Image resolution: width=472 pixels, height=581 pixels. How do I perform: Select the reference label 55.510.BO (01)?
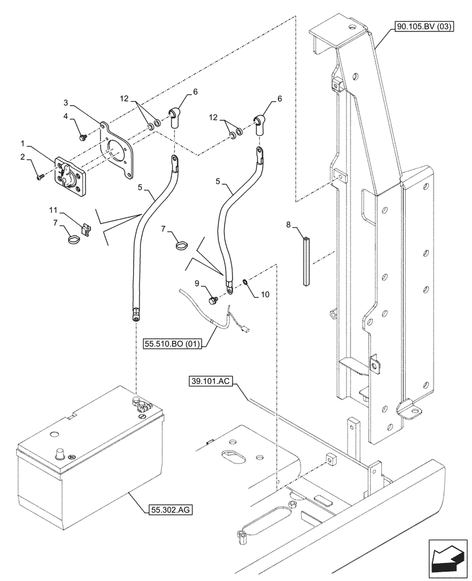(x=172, y=344)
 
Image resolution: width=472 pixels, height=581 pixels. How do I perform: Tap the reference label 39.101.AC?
(x=210, y=382)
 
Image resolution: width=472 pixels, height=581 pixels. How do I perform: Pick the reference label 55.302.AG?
(x=167, y=510)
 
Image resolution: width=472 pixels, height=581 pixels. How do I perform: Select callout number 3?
(x=67, y=102)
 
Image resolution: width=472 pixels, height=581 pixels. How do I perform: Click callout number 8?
(x=288, y=224)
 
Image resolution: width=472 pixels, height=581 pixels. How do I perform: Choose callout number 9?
(x=197, y=283)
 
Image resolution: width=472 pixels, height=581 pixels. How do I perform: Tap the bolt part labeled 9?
(x=213, y=300)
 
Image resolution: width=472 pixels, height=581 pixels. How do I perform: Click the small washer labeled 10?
(x=245, y=282)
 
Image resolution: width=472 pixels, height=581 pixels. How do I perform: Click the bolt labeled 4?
(x=83, y=137)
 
